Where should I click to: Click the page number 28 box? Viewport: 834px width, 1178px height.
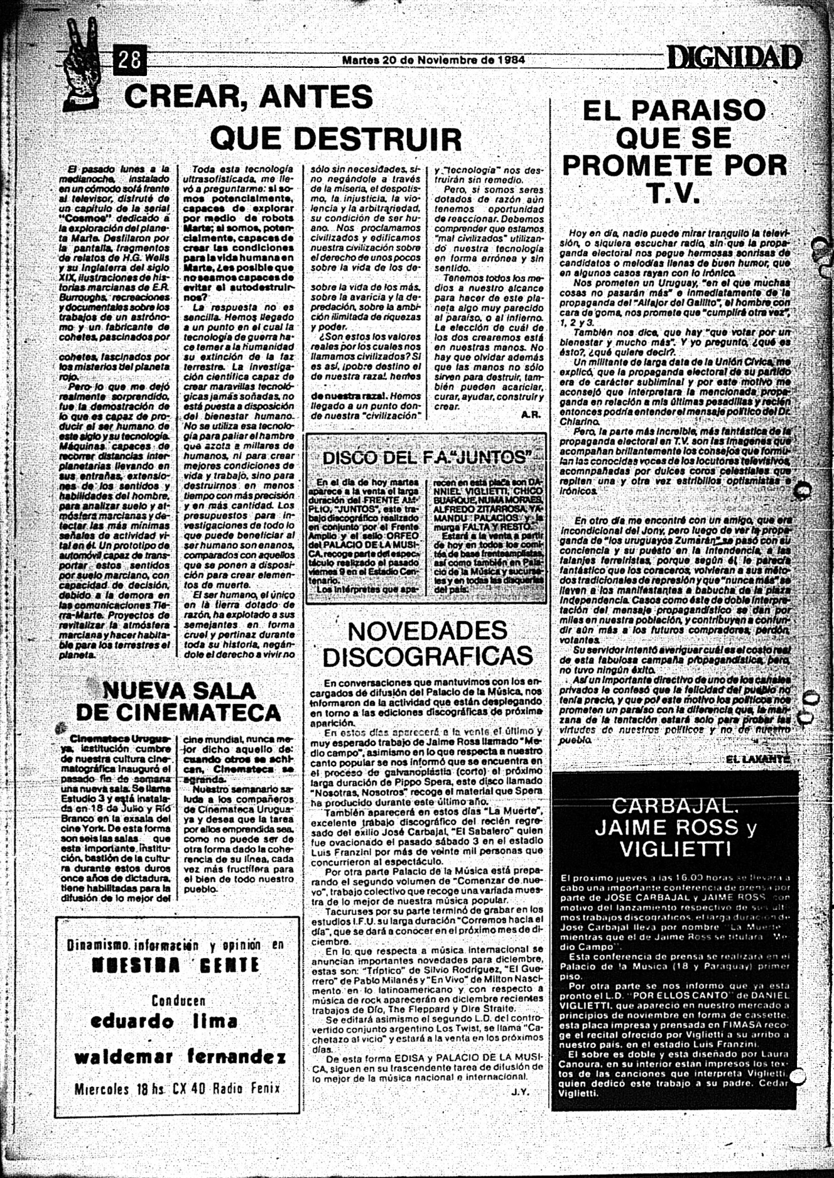coord(129,60)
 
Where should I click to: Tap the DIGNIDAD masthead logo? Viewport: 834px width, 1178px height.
coord(734,58)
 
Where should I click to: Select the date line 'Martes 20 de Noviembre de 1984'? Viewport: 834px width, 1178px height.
coord(433,60)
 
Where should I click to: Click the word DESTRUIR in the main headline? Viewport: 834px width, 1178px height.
coord(336,138)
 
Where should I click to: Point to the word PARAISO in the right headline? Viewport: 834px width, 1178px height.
coord(674,111)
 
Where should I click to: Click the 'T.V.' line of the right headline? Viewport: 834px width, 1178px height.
coord(674,193)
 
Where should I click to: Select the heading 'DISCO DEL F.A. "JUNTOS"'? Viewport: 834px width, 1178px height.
coord(426,457)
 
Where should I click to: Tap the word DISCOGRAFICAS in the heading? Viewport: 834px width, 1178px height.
coord(428,656)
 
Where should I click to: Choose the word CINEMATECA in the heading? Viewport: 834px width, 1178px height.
coord(178,713)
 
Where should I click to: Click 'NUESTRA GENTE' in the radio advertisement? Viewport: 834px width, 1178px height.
coord(176,965)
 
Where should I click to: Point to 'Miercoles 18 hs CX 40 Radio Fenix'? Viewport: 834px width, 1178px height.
coord(177,1088)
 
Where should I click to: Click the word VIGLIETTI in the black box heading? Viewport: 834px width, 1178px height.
coord(674,849)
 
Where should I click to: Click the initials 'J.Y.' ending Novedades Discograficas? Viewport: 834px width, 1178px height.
coord(520,1091)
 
